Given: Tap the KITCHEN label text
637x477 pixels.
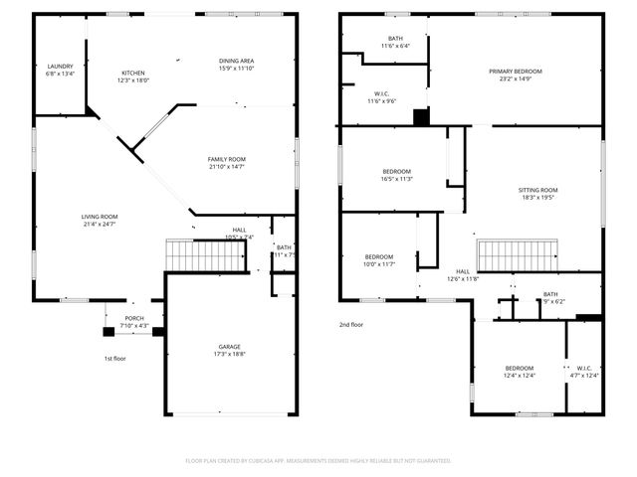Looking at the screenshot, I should point(133,77).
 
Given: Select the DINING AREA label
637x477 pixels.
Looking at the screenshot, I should point(236,65).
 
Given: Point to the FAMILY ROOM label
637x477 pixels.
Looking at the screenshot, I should point(227,163).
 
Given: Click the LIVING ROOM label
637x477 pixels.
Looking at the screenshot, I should point(100,220).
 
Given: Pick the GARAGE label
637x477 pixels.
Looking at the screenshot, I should point(229,350).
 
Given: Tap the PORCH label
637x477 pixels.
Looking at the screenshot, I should point(134,321).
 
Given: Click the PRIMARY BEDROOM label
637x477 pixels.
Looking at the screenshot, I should point(515,76).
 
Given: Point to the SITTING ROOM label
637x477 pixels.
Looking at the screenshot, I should point(537,194).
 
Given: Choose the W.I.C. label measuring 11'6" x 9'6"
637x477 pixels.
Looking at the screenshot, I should point(382,96).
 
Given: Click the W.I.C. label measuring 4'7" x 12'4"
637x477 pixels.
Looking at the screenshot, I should point(583,371).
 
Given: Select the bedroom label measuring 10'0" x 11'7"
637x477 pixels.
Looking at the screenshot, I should point(379,260).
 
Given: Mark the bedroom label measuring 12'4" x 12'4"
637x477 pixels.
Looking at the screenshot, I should point(519,371).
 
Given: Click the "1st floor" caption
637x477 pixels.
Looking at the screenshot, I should point(115,358).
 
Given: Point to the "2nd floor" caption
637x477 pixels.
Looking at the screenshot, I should point(351,325).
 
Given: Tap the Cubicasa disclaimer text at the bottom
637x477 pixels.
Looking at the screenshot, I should point(318,461).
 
